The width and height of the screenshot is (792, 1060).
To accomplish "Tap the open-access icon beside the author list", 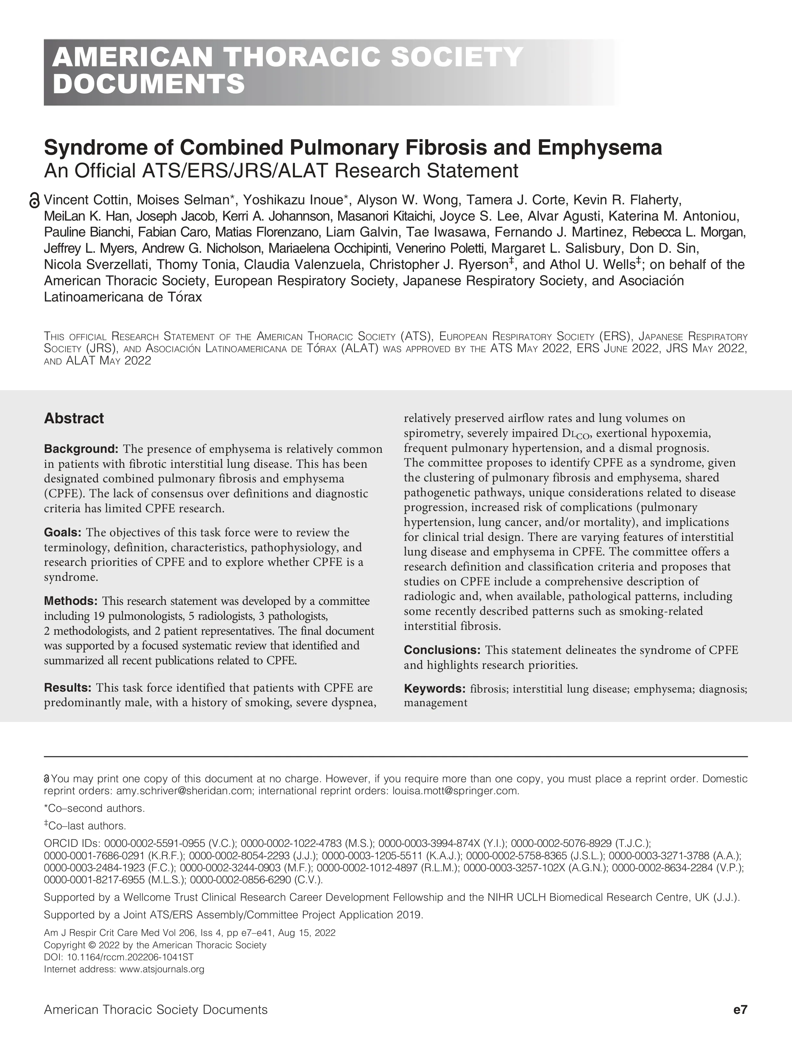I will (x=34, y=200).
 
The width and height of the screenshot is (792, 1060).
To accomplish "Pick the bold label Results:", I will (x=68, y=688).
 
